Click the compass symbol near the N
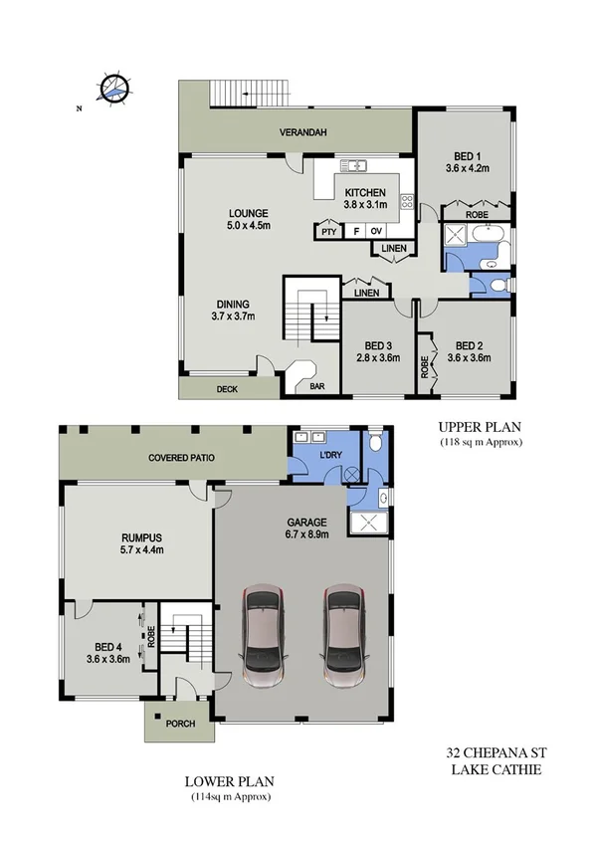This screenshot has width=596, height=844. click(x=115, y=89)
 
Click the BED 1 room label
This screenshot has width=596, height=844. click(x=467, y=156)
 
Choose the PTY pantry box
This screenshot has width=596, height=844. click(x=328, y=231)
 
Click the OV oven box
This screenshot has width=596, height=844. click(x=376, y=231)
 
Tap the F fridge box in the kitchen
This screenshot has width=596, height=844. click(x=353, y=231)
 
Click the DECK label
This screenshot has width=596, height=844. click(x=227, y=390)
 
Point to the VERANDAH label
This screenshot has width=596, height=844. click(x=301, y=132)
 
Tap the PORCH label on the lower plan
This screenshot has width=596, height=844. click(x=180, y=724)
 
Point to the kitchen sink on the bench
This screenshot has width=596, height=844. click(x=353, y=165)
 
